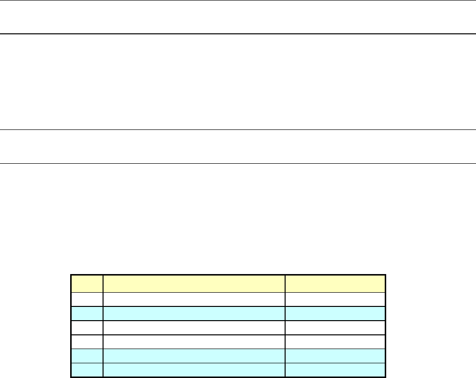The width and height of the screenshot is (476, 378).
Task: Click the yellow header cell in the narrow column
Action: [87, 283]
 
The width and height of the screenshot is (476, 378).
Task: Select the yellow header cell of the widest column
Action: [194, 283]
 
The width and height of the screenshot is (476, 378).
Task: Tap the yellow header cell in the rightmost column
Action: [336, 283]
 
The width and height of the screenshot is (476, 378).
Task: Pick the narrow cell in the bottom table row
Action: [87, 370]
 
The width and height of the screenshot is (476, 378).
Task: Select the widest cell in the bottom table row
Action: [194, 370]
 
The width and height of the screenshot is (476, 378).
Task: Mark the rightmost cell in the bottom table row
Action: [336, 370]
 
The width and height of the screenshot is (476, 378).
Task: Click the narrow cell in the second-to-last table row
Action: [87, 356]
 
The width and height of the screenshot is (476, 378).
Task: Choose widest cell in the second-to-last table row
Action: [194, 356]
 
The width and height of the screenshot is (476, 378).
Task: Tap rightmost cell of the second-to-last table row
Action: [336, 356]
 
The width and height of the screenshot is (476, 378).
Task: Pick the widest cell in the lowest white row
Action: [194, 342]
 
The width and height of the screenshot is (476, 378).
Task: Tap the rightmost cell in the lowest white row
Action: [336, 342]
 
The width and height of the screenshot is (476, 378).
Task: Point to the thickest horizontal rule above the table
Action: [238, 34]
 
